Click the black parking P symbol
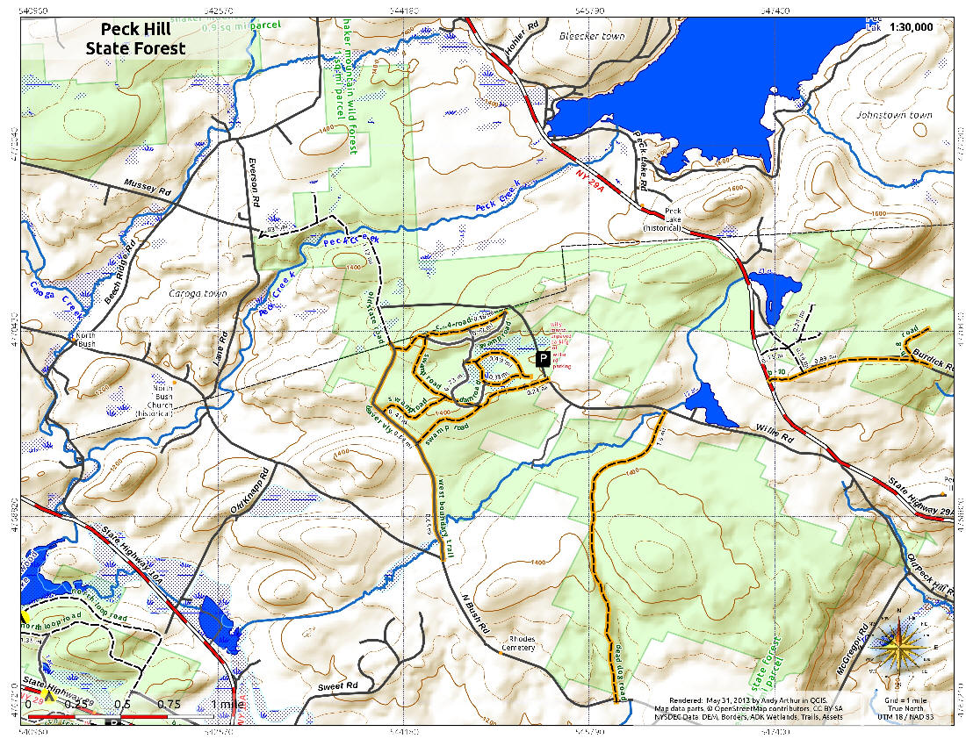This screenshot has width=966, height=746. [x=543, y=359]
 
